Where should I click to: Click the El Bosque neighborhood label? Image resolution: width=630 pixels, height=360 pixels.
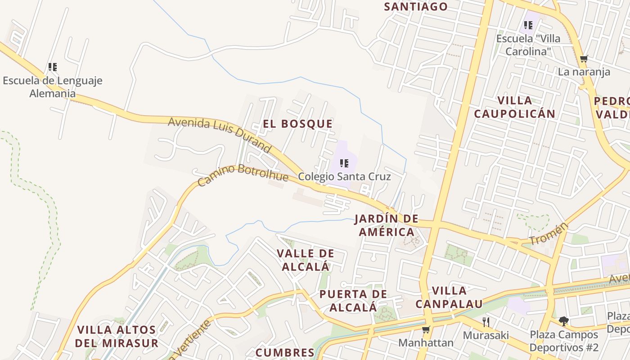point(298,124)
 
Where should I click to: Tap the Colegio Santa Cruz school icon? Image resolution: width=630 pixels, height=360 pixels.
point(344,163)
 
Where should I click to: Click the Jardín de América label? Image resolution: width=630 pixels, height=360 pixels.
point(386,225)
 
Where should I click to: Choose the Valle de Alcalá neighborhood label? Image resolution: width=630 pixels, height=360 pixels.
point(306,260)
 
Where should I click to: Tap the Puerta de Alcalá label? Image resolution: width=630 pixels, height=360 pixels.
point(353,301)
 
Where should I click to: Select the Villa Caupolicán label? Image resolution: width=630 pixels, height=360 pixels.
point(515,107)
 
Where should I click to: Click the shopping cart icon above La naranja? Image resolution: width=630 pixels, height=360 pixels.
point(584,58)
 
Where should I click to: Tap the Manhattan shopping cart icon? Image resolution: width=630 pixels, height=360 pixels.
point(426,329)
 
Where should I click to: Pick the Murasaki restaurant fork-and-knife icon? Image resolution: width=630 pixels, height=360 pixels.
point(486,322)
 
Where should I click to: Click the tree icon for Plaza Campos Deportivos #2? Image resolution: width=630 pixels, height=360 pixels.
point(563,321)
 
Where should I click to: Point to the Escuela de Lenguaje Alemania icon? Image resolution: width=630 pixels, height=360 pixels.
point(53,67)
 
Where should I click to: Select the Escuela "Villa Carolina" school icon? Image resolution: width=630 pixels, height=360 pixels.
point(528,25)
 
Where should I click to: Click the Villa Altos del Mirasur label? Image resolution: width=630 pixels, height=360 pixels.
point(117,336)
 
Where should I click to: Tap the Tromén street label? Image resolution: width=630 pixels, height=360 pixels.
point(548,234)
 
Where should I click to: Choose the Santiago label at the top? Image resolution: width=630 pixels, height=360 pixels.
point(416,6)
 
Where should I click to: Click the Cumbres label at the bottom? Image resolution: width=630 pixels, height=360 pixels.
point(285,352)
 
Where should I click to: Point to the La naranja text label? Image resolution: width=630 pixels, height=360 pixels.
point(584,72)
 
